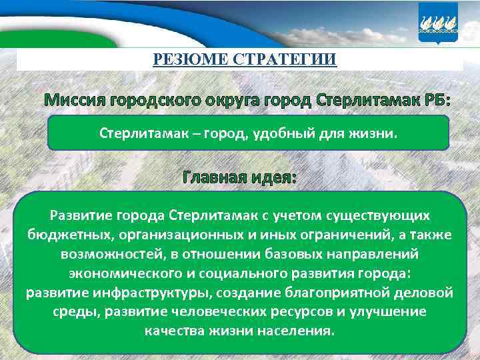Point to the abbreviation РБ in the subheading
point(437,101)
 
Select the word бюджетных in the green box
point(61,235)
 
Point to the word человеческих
point(221,312)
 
